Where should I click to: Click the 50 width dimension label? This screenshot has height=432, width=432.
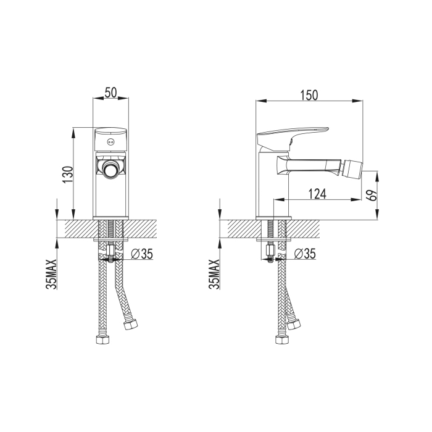coord(110,93)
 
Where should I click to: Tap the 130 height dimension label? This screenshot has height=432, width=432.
coord(68,175)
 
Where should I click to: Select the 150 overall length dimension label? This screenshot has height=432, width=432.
coord(309,95)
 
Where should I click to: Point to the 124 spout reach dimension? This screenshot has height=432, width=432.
coord(317,194)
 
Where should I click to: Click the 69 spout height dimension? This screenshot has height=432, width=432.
coord(373,196)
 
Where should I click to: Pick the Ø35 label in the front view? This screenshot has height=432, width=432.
coord(142,254)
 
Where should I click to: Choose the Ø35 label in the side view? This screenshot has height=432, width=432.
coord(305,254)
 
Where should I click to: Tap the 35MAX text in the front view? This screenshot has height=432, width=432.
coord(51,274)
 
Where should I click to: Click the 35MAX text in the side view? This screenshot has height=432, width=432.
coord(214,274)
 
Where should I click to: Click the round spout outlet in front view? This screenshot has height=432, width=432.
coord(110,169)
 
